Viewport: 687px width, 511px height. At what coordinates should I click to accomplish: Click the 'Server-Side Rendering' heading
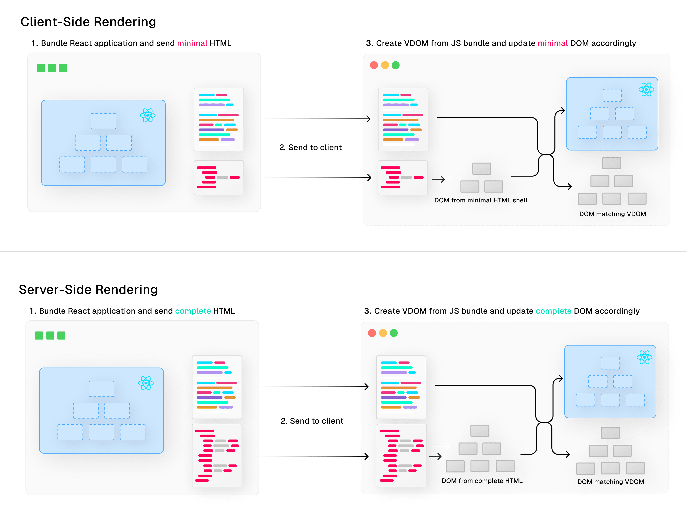[88, 290]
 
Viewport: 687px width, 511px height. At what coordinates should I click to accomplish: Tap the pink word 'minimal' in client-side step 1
[192, 43]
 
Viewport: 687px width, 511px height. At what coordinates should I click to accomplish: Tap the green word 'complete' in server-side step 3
[553, 311]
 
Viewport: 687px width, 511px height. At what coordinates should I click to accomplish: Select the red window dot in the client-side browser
[374, 65]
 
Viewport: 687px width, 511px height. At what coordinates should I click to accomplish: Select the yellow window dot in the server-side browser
[383, 333]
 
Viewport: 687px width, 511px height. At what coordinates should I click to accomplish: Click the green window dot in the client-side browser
[395, 65]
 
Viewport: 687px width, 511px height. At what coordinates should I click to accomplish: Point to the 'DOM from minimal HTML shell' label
[481, 200]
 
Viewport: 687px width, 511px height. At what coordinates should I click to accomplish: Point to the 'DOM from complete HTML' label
[482, 481]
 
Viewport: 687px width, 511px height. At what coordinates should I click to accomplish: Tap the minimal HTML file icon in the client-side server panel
[219, 178]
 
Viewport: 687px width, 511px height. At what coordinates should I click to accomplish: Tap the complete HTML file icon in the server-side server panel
[217, 455]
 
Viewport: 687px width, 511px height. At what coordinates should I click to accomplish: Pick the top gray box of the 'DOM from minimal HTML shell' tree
[481, 169]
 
